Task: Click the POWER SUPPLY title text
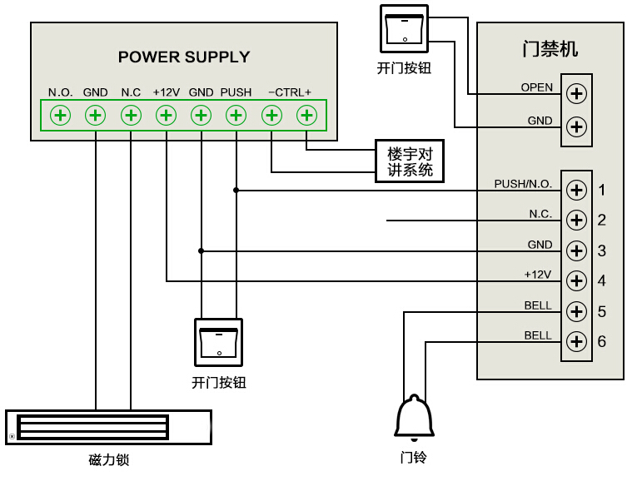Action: point(184,57)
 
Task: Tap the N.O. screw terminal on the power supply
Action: point(60,115)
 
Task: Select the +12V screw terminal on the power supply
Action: point(166,115)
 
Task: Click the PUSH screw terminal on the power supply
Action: point(236,115)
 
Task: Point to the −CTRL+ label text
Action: point(289,92)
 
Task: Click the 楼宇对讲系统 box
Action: point(410,161)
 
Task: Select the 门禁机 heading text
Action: point(550,49)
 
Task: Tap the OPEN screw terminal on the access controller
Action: point(575,92)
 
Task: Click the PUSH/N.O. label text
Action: point(523,184)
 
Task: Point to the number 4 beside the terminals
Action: point(601,281)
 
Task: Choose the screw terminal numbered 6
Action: point(575,341)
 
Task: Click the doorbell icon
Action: point(414,418)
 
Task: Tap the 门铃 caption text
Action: point(413,457)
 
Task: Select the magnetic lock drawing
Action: point(108,427)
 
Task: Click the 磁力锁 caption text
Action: point(109,460)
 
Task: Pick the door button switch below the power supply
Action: point(218,342)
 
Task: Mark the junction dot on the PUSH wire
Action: point(236,191)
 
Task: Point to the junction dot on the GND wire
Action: point(201,250)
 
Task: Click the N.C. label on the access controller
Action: point(540,214)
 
